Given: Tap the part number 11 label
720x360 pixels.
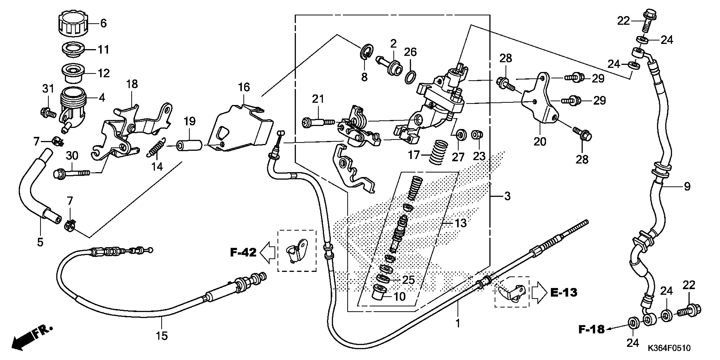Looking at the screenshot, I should point(103,50).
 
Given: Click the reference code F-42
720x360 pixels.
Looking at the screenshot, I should point(243,253).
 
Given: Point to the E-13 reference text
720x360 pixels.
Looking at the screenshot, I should point(564,293).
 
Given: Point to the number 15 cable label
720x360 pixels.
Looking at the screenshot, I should point(162,336).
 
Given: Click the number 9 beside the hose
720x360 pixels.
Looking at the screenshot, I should point(687,186).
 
